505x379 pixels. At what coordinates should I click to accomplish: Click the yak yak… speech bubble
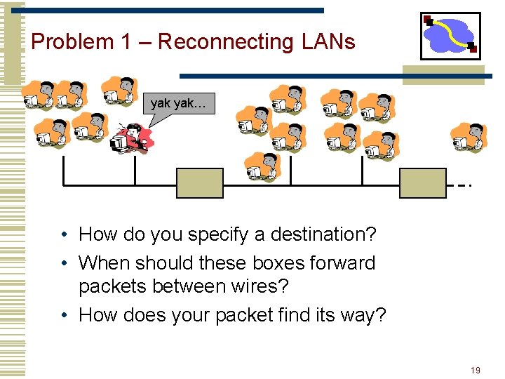pyautogui.click(x=177, y=105)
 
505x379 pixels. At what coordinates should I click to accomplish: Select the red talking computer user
pyautogui.click(x=130, y=138)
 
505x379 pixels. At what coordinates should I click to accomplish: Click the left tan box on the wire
pyautogui.click(x=200, y=183)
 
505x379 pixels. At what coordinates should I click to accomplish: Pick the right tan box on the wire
pyautogui.click(x=422, y=183)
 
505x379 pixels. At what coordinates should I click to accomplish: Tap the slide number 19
pyautogui.click(x=476, y=370)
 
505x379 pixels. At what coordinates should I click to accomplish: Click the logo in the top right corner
pyautogui.click(x=450, y=36)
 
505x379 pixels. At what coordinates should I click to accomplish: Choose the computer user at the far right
pyautogui.click(x=468, y=136)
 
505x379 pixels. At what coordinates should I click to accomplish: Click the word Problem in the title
pyautogui.click(x=72, y=42)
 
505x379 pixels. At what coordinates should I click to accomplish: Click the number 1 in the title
pyautogui.click(x=126, y=42)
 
